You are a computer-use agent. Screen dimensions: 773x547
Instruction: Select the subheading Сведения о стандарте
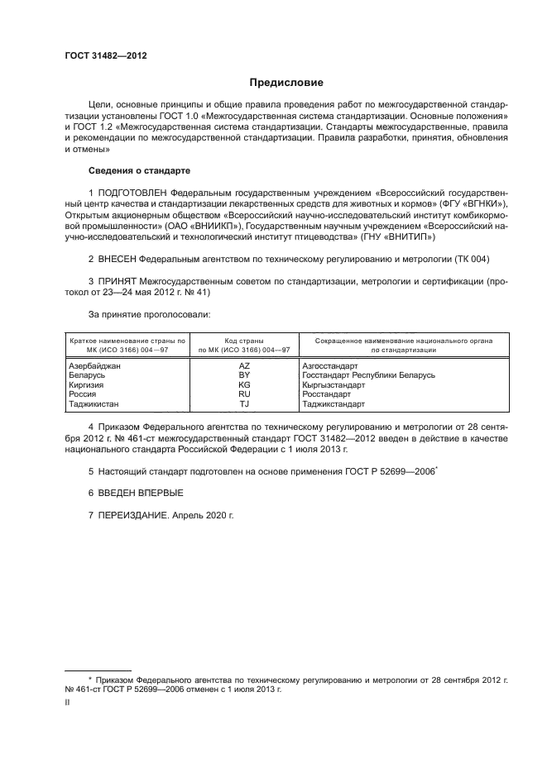point(139,170)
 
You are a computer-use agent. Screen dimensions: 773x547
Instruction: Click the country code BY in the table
point(244,375)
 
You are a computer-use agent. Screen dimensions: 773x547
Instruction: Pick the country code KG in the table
point(244,385)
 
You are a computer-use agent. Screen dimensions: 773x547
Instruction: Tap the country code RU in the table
point(244,394)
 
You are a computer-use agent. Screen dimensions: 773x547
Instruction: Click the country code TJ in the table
point(244,404)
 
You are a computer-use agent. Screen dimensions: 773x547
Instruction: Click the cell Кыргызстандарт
point(334,385)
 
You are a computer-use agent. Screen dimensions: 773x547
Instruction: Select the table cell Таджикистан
point(94,404)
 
